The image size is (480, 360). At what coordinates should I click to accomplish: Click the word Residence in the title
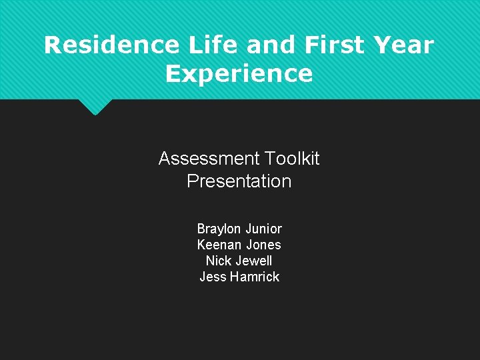pyautogui.click(x=111, y=45)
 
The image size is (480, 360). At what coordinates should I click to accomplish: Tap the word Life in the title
pyautogui.click(x=210, y=45)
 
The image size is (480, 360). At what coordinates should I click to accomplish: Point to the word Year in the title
pyautogui.click(x=404, y=45)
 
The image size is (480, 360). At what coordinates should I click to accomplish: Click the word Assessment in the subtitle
pyautogui.click(x=209, y=159)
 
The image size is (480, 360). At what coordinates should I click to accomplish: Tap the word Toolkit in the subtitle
pyautogui.click(x=291, y=159)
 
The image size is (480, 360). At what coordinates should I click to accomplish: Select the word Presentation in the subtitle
pyautogui.click(x=239, y=181)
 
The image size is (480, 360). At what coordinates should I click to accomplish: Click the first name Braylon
pyautogui.click(x=219, y=229)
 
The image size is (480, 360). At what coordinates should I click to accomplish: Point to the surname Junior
pyautogui.click(x=264, y=229)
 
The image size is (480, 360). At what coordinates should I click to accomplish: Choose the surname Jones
pyautogui.click(x=264, y=245)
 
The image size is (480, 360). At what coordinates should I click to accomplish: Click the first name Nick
pyautogui.click(x=219, y=261)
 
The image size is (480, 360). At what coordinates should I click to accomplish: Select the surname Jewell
pyautogui.click(x=256, y=261)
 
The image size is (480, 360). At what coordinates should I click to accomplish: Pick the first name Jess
pyautogui.click(x=213, y=277)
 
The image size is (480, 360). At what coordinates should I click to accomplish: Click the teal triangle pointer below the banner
pyautogui.click(x=95, y=106)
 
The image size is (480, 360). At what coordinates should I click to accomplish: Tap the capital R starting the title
pyautogui.click(x=52, y=45)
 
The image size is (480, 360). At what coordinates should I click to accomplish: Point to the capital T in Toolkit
pyautogui.click(x=268, y=159)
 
